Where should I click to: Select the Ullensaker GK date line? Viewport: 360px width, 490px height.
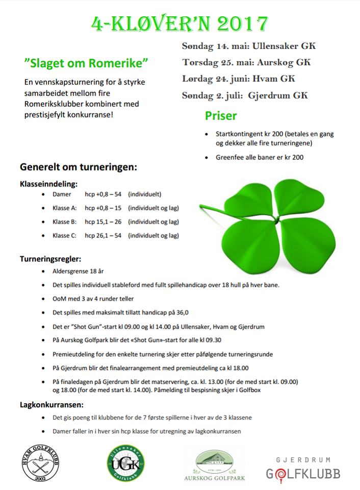(x=249, y=46)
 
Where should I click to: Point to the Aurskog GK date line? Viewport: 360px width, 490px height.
(x=246, y=62)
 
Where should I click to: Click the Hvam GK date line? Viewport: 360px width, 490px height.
(x=239, y=79)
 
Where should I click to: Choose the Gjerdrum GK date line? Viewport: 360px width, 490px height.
(x=245, y=95)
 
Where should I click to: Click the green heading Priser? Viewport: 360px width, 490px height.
(x=221, y=115)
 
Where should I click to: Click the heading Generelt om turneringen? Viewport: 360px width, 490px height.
(x=78, y=167)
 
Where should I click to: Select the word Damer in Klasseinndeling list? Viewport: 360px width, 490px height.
(x=62, y=194)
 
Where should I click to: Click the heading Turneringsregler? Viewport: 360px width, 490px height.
(x=50, y=259)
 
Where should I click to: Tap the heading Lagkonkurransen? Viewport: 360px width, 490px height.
(x=52, y=405)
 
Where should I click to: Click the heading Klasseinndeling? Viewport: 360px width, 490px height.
(x=49, y=183)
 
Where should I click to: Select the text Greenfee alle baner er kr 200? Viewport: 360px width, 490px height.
(x=260, y=157)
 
